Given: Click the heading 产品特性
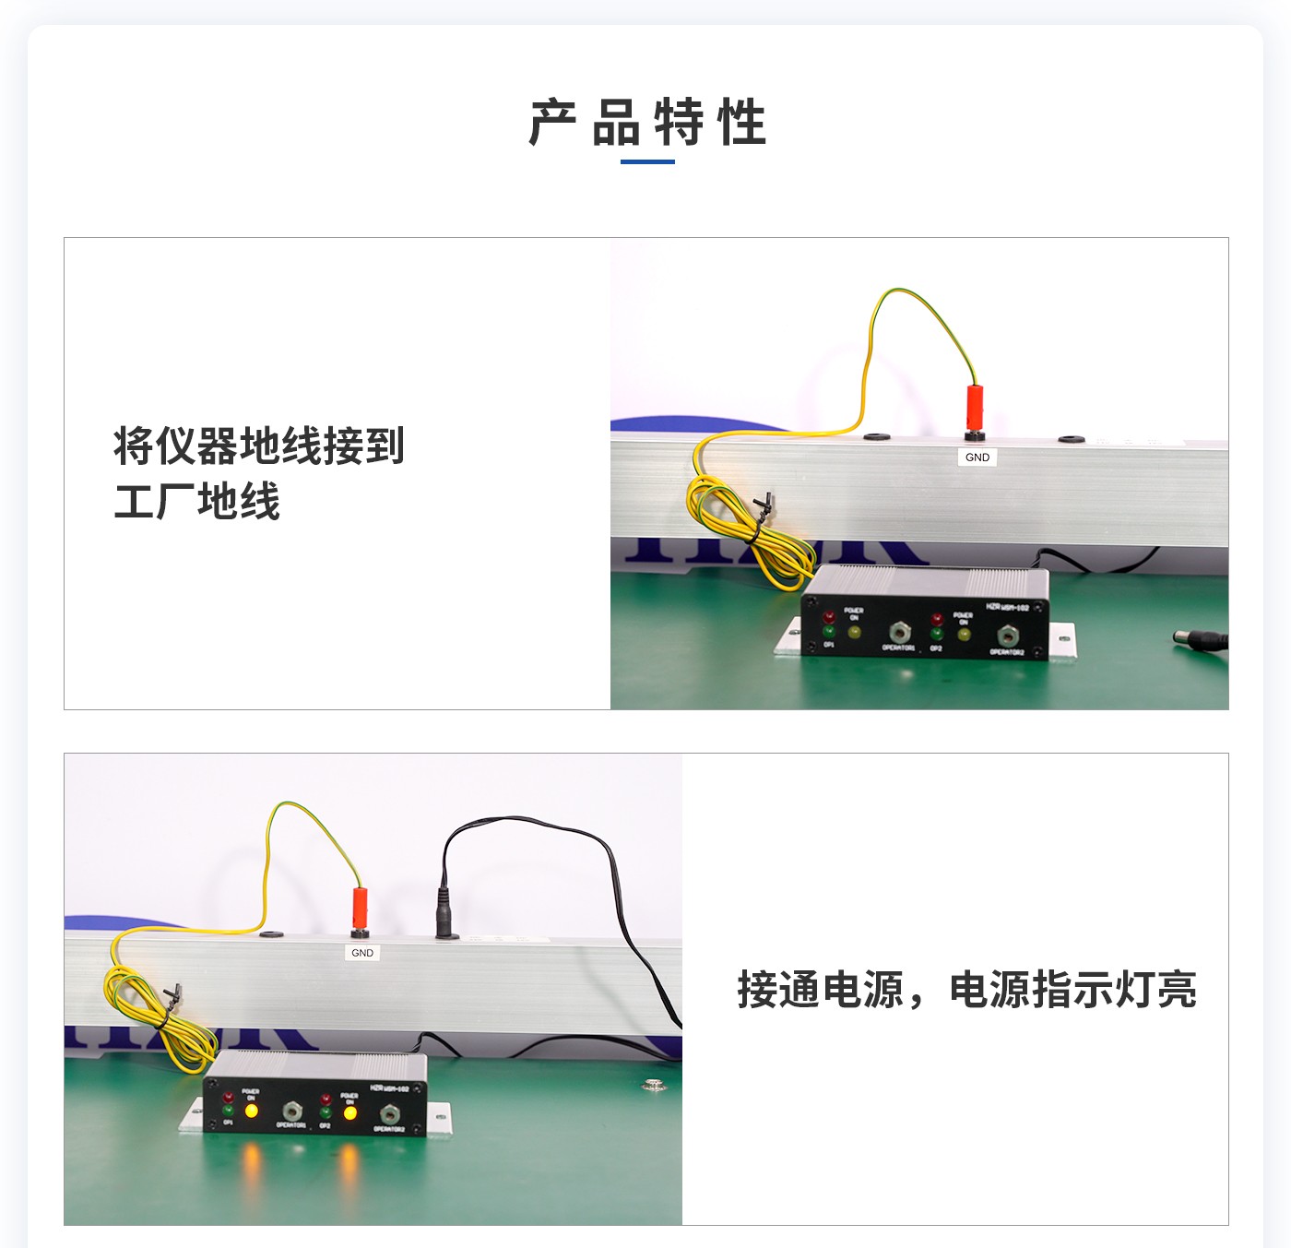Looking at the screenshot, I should click(x=647, y=123).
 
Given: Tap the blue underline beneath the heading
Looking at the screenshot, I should click(x=647, y=161).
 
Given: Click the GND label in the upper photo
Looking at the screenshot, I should click(x=977, y=458).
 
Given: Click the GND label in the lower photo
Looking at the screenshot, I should click(x=362, y=953).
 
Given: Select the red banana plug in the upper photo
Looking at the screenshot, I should click(x=973, y=407).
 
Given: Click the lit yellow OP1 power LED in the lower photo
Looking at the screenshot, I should click(x=251, y=1111).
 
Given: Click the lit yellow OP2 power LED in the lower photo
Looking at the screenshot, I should click(x=350, y=1113).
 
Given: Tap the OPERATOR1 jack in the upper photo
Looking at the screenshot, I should click(x=899, y=633).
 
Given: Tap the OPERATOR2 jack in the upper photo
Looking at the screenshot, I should click(x=1007, y=636).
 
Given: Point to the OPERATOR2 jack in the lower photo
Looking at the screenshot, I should click(x=389, y=1114).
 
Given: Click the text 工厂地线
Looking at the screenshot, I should click(x=196, y=502).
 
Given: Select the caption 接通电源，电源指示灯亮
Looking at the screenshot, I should click(x=966, y=990).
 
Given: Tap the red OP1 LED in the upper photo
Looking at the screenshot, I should click(x=829, y=616).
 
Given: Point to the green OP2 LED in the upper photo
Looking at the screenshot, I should click(x=937, y=634).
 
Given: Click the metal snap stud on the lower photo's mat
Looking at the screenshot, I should click(x=655, y=1085).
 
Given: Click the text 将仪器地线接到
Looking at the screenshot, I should click(x=259, y=446).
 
